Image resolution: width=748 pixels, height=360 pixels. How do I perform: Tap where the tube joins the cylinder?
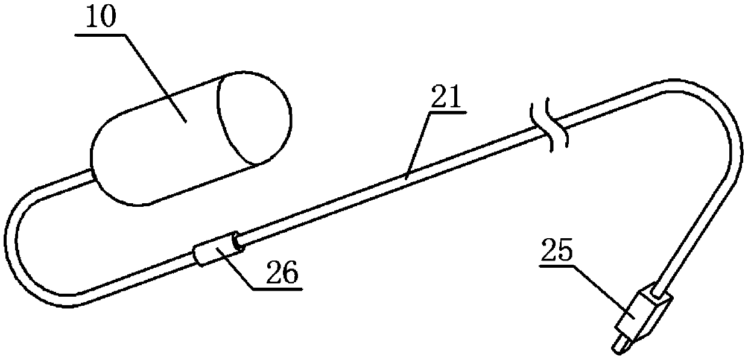[x=90, y=175]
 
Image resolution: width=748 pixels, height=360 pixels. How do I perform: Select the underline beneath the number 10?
[x=101, y=36]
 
